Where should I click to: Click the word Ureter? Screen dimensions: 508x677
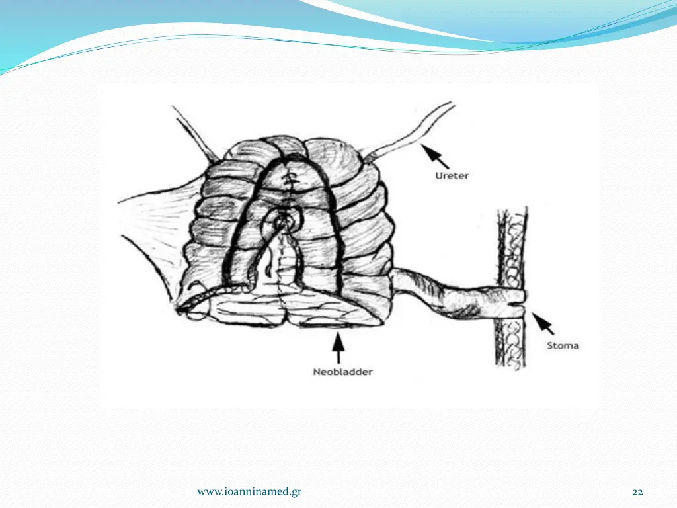(452, 176)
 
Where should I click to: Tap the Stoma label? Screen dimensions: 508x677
(562, 345)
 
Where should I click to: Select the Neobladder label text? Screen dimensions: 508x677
(342, 372)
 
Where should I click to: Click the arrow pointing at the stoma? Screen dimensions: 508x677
(543, 323)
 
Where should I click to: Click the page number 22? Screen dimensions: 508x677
(637, 491)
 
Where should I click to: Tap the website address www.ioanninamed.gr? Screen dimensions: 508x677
(250, 491)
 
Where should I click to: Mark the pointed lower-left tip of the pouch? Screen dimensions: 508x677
(180, 308)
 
